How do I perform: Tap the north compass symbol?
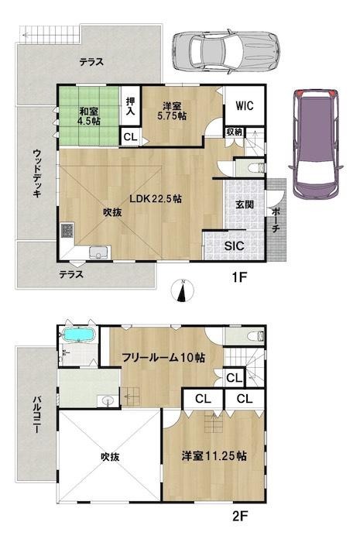pos(183,290)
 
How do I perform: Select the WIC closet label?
pos(245,105)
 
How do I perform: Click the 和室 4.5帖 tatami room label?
pos(89,116)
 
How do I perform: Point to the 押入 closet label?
pos(131,107)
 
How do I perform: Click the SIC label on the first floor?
pos(235,246)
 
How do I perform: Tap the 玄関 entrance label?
pos(245,204)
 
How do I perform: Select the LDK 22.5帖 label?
pos(156,199)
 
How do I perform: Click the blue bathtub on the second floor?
pos(80,335)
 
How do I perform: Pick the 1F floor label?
pos(239,277)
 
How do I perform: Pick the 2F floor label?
pos(239,515)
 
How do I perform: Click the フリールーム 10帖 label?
pos(163,357)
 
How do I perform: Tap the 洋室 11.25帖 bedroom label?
pos(214,456)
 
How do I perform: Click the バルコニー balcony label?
pos(36,414)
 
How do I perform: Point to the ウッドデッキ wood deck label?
pos(37,173)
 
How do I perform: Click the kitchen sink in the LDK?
pos(100,252)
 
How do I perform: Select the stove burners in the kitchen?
pos(67,231)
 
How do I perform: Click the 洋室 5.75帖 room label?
pos(172,111)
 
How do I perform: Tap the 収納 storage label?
pos(235,132)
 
